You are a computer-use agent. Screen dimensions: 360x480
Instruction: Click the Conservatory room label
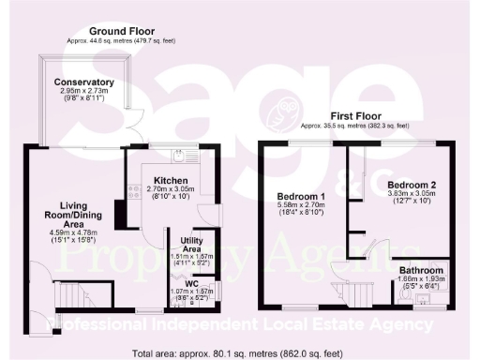83,82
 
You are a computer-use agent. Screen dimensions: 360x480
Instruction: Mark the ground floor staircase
70,294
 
